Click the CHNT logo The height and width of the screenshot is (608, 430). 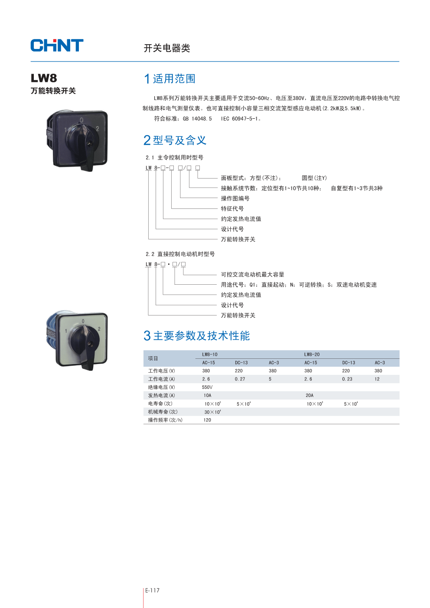pos(57,46)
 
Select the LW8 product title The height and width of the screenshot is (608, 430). pos(44,78)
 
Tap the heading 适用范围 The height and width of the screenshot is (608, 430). pos(174,79)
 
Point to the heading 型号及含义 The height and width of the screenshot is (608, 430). pos(179,140)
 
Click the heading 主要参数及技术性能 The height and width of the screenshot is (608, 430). pos(201,336)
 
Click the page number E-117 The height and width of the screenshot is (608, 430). pos(152,590)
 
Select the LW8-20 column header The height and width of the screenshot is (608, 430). pos(312,354)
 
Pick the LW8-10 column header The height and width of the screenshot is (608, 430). pos(210,354)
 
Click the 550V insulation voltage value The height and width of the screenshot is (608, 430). pos(207,387)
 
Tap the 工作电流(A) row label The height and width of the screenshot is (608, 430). pos(161,379)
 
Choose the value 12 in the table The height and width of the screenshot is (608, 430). pos(377,379)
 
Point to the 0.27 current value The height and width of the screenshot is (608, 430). pos(240,379)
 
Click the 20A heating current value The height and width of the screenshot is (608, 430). pos(309,396)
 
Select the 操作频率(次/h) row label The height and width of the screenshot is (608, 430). pos(165,420)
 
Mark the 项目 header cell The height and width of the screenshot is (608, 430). pos(153,358)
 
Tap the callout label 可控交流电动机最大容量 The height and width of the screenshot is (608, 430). pos(252,275)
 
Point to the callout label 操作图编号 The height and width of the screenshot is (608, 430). pos(235,198)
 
